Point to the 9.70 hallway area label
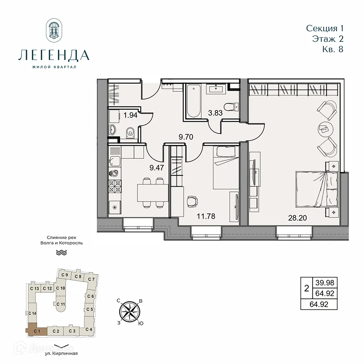pos(185,138)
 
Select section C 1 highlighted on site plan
pos(36,331)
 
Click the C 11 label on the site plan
pos(61,304)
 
